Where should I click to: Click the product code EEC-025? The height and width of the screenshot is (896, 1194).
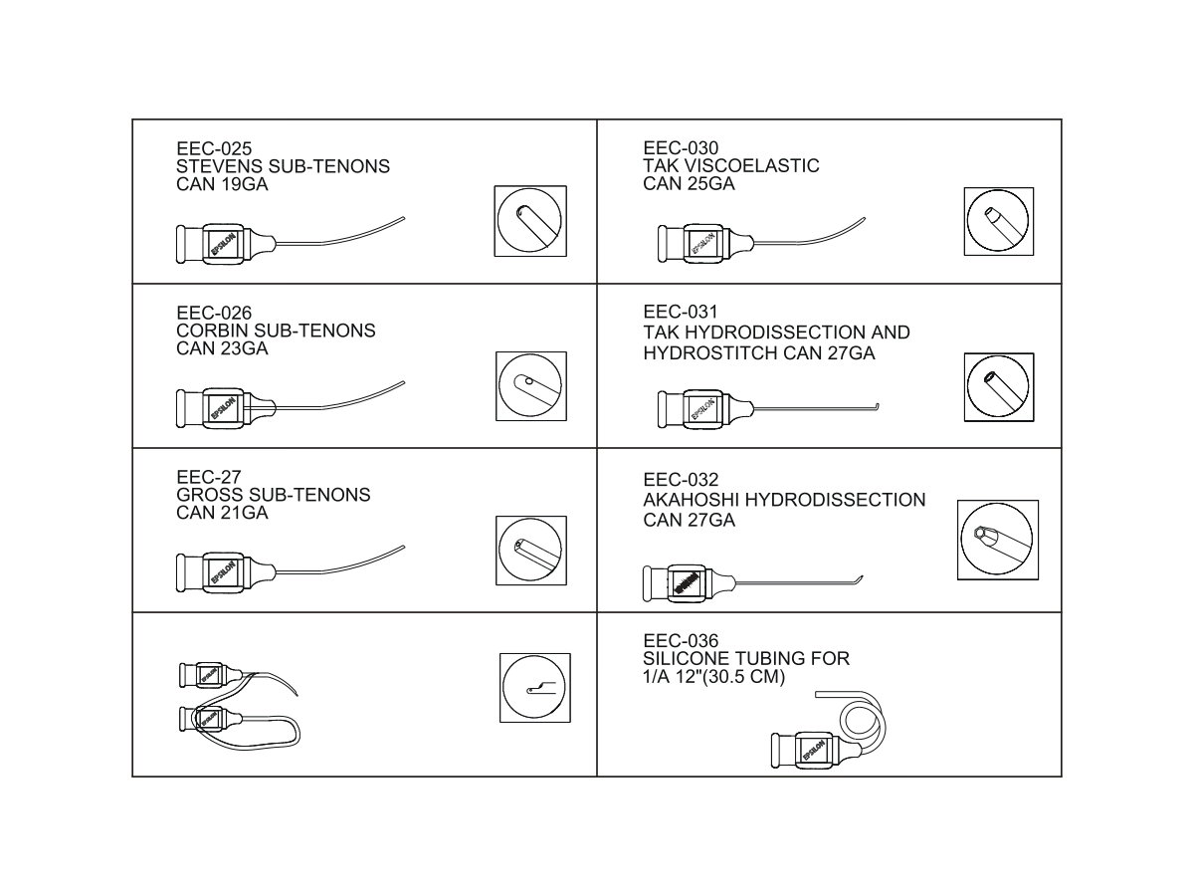tap(214, 148)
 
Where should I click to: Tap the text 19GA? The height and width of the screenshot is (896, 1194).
tap(245, 184)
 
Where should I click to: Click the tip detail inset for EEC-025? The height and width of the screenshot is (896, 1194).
tap(529, 221)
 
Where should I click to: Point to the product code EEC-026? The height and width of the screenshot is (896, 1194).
tap(214, 313)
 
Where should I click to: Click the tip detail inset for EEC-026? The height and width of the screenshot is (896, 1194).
tap(531, 385)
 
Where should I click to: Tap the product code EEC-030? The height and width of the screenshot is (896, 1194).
tap(681, 148)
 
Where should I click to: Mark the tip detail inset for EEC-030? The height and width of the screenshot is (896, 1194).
tap(999, 221)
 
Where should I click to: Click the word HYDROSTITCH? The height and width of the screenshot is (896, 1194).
tap(710, 353)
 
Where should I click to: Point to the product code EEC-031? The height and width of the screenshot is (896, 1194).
tap(681, 312)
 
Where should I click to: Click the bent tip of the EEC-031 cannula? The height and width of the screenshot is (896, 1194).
tap(877, 407)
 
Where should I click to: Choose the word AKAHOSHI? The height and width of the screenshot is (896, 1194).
tap(691, 500)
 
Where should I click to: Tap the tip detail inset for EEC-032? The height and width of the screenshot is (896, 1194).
tap(998, 540)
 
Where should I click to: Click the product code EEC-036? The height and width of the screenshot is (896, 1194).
tap(681, 641)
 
